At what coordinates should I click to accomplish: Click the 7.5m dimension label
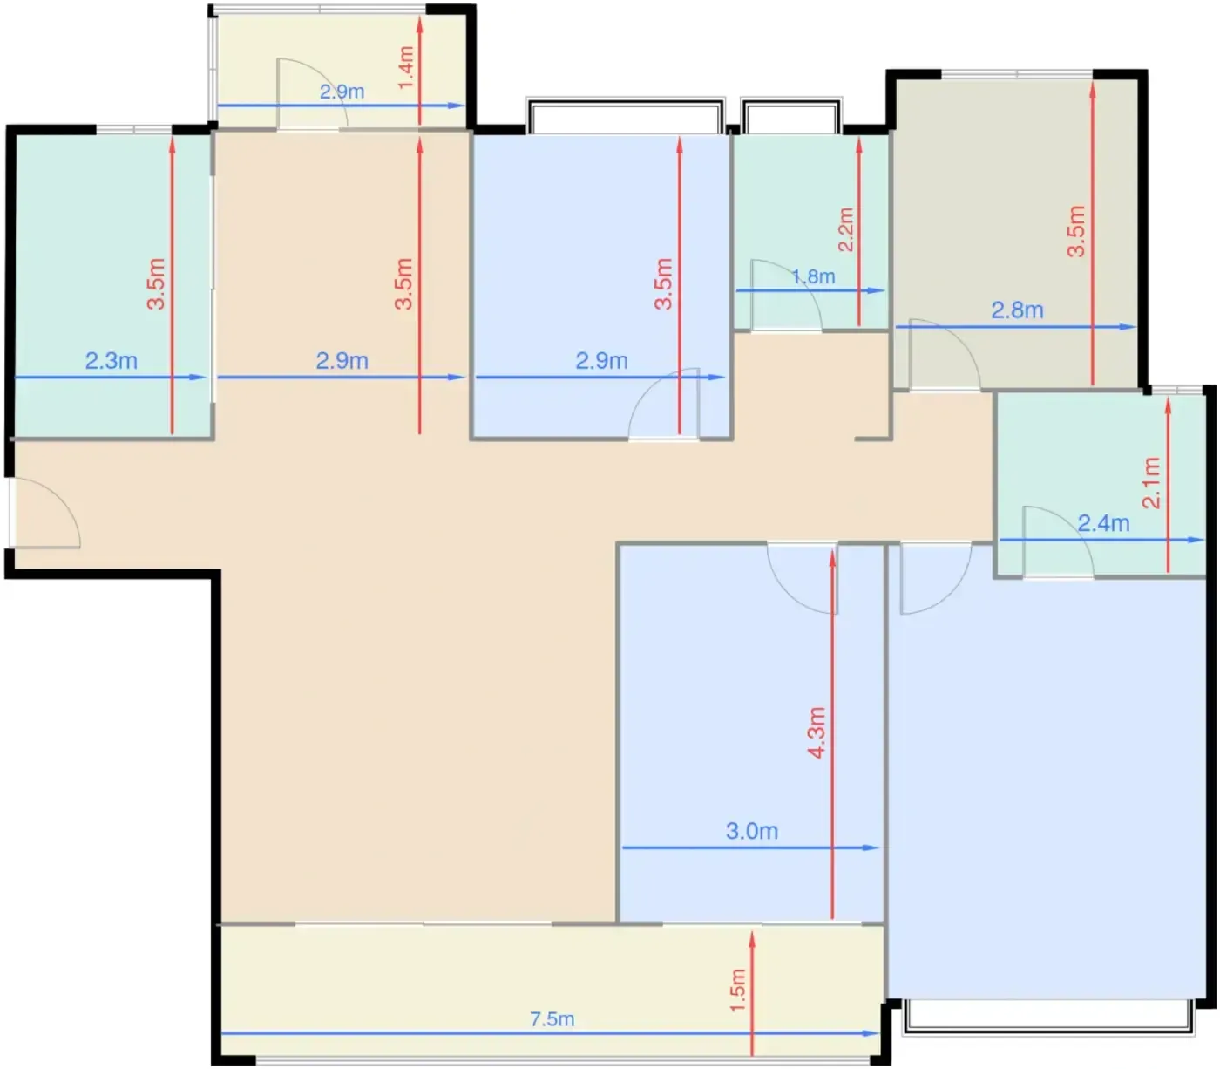click(x=552, y=1019)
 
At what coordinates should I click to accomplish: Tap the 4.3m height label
click(x=817, y=732)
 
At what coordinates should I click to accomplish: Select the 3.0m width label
click(x=751, y=831)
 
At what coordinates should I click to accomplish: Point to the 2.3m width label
click(x=112, y=361)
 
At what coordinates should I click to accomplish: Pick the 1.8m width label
click(x=813, y=276)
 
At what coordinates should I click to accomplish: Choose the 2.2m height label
click(x=846, y=229)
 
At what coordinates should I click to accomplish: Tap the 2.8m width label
click(x=1017, y=310)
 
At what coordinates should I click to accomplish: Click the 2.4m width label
click(x=1104, y=523)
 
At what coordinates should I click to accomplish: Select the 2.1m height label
click(x=1151, y=482)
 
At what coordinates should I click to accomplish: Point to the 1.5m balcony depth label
click(x=737, y=991)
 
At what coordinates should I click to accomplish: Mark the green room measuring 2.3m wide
click(x=112, y=285)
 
